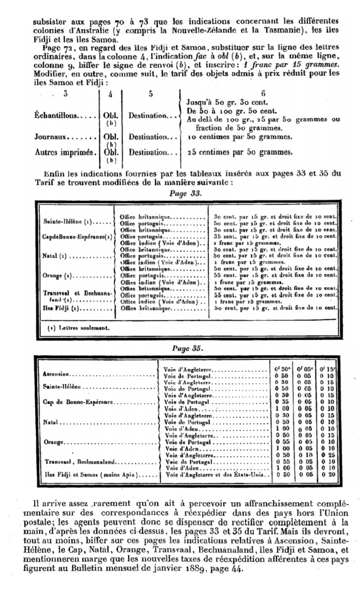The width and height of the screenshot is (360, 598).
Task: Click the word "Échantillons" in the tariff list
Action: pyautogui.click(x=56, y=115)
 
